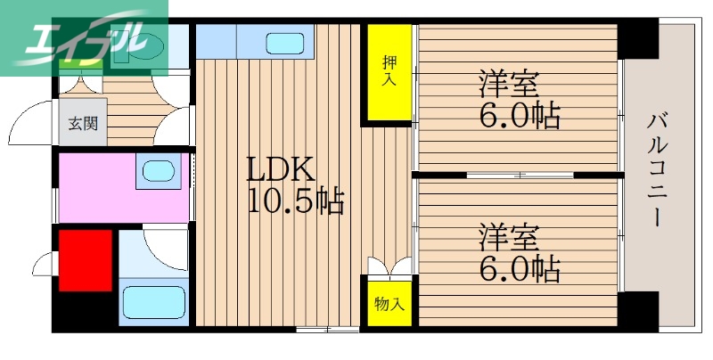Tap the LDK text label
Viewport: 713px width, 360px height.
click(280, 169)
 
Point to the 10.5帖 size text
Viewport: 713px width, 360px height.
click(295, 202)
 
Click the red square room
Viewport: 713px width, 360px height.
click(86, 259)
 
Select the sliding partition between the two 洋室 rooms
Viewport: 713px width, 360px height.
click(517, 175)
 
